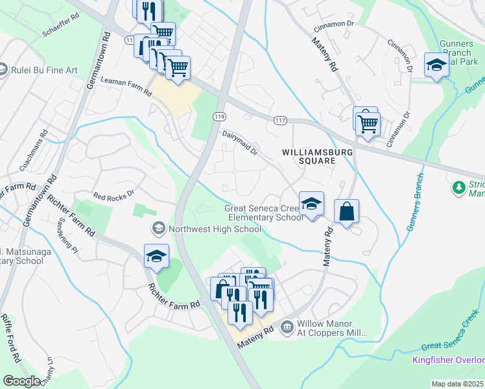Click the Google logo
(x=21, y=381)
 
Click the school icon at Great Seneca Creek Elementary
(x=311, y=203)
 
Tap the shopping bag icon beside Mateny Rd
(x=346, y=211)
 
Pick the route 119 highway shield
(x=218, y=116)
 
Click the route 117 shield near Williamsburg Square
(x=280, y=121)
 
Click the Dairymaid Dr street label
(x=240, y=143)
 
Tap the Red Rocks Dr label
(x=113, y=194)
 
